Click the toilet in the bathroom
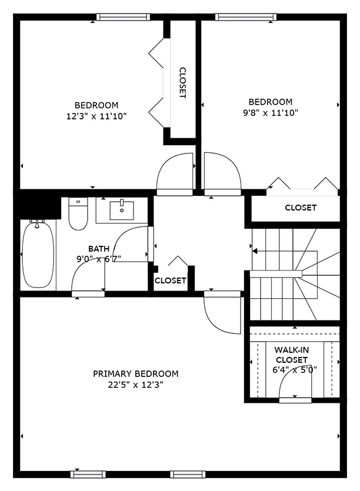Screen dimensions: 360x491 78,214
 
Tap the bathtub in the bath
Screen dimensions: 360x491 38,254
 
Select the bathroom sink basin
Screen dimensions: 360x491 122,211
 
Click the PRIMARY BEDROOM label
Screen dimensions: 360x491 136,373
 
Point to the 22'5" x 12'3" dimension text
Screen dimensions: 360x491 136,385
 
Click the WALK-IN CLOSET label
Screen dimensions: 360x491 292,355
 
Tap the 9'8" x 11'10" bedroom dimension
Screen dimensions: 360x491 271,113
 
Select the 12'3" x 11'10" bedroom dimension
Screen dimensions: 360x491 96,116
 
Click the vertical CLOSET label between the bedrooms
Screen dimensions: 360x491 183,83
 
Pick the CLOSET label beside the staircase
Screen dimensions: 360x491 301,208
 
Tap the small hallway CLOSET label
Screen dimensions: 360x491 170,280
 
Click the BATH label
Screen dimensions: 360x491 99,249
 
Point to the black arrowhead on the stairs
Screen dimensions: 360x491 255,251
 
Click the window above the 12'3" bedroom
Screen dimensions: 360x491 123,17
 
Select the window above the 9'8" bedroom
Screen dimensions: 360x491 246,17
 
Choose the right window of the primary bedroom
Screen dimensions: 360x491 188,474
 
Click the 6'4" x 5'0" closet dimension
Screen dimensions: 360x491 295,370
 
